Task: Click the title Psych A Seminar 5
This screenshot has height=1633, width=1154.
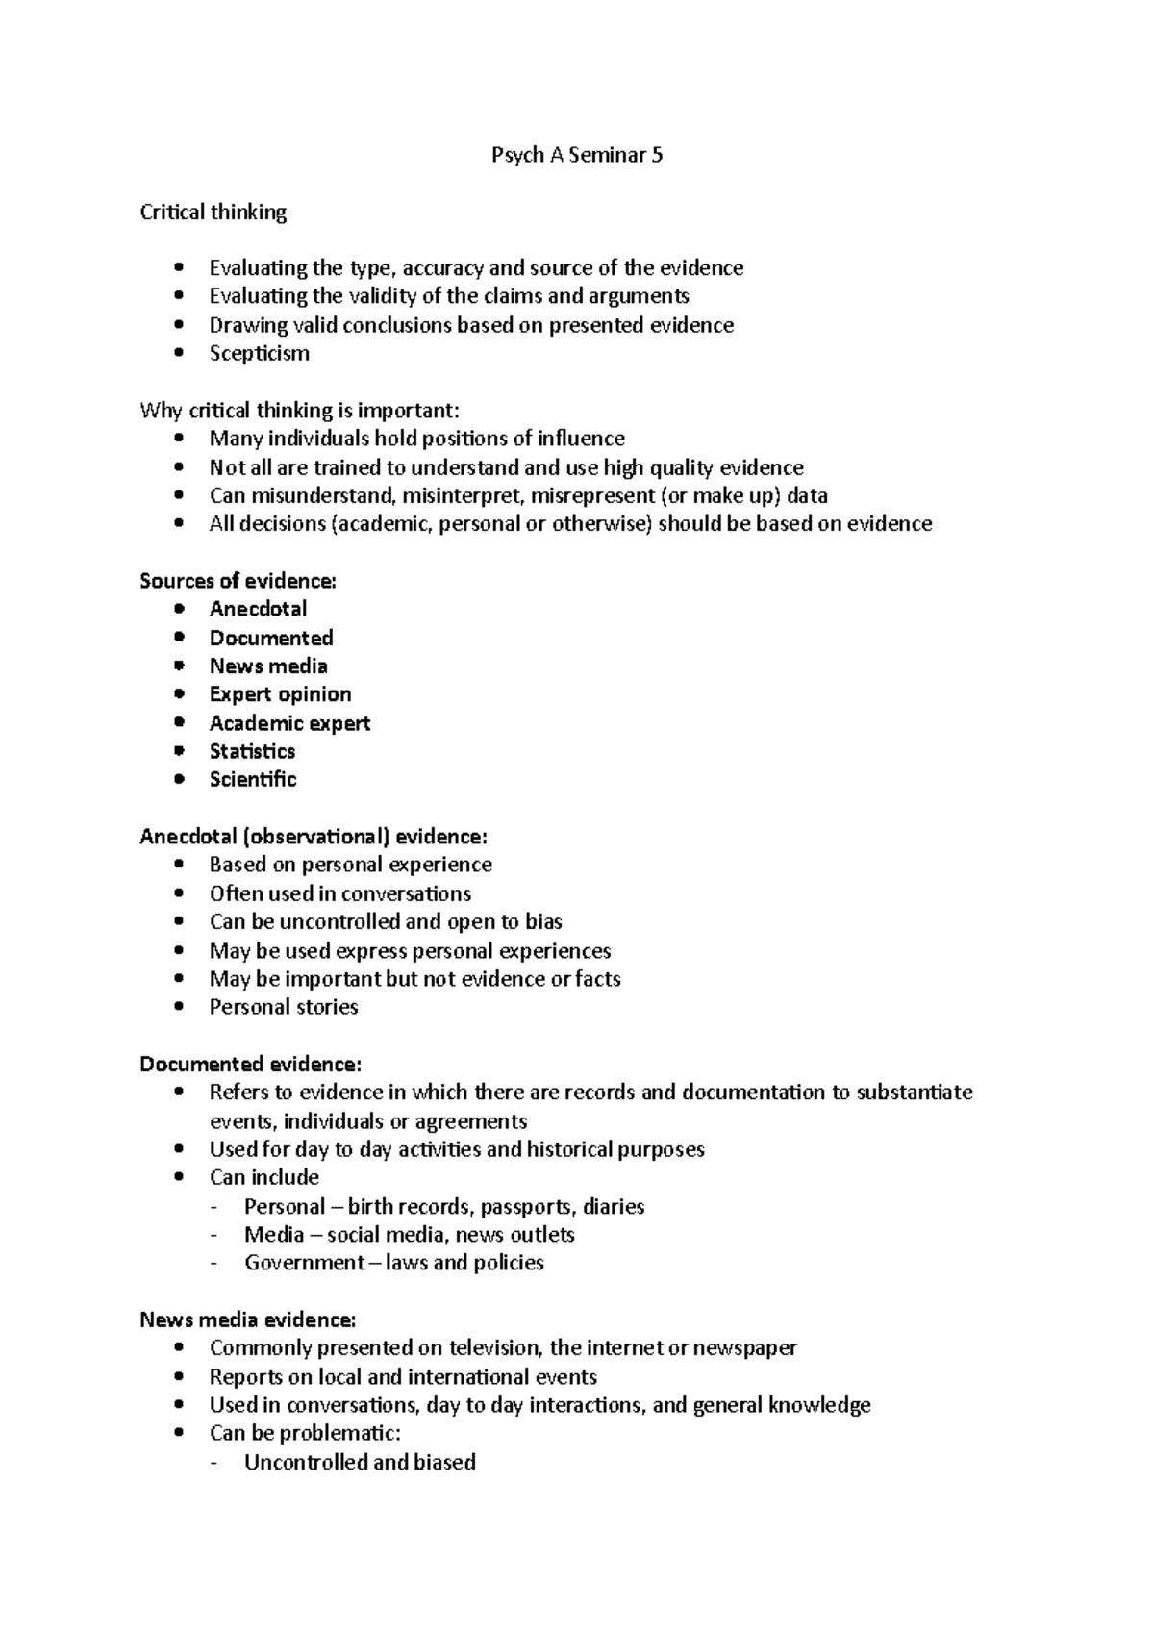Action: click(576, 156)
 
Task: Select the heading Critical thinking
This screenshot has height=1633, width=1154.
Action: click(213, 213)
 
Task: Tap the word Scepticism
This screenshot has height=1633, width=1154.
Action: click(260, 354)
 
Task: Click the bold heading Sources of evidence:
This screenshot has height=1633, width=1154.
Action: click(238, 581)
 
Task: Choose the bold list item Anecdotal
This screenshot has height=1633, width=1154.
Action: click(258, 609)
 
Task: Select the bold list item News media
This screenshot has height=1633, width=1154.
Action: click(268, 666)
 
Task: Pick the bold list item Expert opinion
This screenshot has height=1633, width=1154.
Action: click(280, 694)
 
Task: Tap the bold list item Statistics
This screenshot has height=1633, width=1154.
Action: click(252, 751)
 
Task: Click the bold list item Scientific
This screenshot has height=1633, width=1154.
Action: click(253, 780)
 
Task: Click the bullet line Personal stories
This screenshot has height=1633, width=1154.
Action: click(284, 1007)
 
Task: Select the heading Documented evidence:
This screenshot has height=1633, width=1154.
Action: click(251, 1065)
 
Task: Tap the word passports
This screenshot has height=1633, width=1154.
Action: click(527, 1207)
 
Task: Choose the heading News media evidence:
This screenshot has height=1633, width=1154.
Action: click(248, 1319)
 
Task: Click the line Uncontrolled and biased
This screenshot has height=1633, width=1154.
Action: click(360, 1463)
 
